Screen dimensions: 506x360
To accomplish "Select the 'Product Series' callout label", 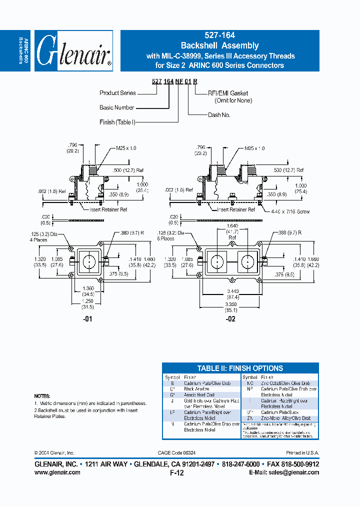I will [x=117, y=93].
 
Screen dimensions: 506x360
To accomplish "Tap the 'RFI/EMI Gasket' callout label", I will [x=228, y=93].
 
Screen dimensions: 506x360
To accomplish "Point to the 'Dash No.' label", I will [x=219, y=114].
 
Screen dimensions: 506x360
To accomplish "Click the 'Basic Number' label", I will [x=117, y=107].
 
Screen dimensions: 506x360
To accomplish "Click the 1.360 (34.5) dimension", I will [x=89, y=291].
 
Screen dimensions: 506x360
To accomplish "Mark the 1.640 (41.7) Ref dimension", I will [x=233, y=233].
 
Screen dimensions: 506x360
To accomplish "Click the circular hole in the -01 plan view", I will [x=89, y=261].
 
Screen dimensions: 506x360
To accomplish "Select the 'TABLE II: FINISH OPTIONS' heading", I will [x=240, y=368].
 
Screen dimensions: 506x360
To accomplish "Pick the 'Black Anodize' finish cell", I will [x=197, y=388].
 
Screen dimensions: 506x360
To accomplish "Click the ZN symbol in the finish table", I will [x=249, y=418].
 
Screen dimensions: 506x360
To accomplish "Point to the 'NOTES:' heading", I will [x=42, y=395].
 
